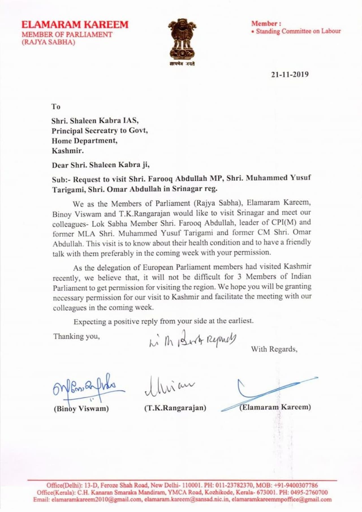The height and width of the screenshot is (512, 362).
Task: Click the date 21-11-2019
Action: (290, 74)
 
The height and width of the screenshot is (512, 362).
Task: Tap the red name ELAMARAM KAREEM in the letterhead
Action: (75, 25)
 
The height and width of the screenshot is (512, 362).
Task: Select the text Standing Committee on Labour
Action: (298, 31)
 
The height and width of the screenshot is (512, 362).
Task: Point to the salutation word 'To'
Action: (56, 107)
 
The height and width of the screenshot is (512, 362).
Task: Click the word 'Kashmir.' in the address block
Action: (68, 151)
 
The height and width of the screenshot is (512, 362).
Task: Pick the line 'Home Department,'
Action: (84, 141)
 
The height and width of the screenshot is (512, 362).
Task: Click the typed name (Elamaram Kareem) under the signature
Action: (275, 407)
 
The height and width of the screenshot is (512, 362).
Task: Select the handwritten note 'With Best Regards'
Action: (192, 339)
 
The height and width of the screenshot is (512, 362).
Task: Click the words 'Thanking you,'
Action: (77, 336)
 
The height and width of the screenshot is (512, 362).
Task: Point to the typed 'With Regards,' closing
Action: (274, 349)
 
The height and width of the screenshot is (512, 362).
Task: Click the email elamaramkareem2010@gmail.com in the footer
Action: (96, 499)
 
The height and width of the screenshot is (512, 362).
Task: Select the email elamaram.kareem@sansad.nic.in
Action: (186, 499)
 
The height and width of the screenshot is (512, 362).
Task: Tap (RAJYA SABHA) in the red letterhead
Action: (48, 42)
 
